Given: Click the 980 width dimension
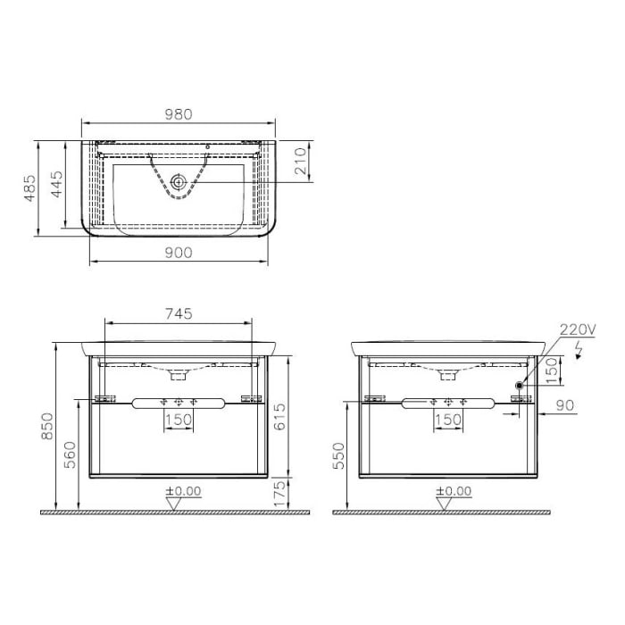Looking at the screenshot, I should (x=179, y=114).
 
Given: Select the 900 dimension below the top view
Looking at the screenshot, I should (x=179, y=253).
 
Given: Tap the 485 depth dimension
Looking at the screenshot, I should (x=29, y=188).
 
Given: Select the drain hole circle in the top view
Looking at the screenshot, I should (x=179, y=182).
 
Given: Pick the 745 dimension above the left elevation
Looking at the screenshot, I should (x=179, y=313).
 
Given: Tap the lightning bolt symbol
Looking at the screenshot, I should (x=581, y=347).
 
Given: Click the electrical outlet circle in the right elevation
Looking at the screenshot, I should (x=519, y=386).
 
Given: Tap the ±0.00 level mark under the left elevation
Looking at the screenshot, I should (x=182, y=491).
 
